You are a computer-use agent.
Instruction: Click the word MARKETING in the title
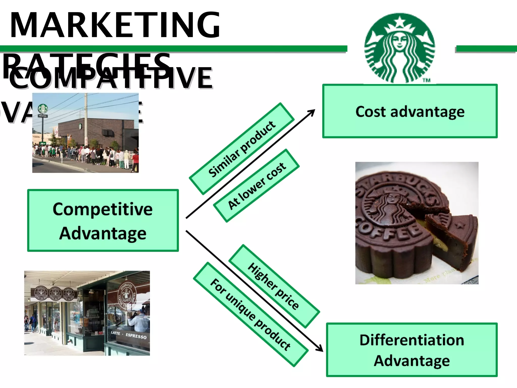click(115, 25)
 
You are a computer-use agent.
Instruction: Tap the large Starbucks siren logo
click(400, 48)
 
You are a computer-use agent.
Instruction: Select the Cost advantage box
click(410, 111)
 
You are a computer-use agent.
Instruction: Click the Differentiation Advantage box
click(412, 350)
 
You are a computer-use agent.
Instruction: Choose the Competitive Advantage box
click(103, 221)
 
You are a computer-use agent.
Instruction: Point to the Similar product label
click(242, 149)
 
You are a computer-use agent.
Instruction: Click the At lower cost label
click(256, 186)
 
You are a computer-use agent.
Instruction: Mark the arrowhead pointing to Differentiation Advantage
click(320, 349)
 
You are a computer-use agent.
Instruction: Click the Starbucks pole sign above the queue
click(43, 109)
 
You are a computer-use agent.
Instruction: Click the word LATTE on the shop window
click(115, 333)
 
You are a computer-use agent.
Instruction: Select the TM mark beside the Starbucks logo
click(426, 80)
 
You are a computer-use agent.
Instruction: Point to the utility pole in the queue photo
click(86, 121)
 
